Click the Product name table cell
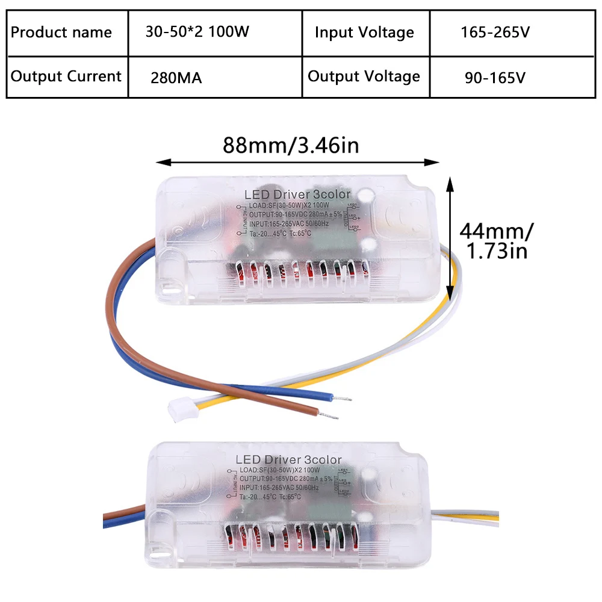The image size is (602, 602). tap(61, 33)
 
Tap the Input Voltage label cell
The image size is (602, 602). tap(364, 33)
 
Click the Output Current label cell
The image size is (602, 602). tap(66, 76)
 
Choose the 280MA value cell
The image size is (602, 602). tap(176, 78)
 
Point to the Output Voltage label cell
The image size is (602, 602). tap(364, 76)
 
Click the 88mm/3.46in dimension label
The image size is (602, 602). tap(291, 146)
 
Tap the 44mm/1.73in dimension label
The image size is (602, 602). tap(496, 240)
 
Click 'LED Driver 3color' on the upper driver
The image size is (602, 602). tap(297, 194)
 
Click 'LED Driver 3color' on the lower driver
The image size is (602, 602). tap(288, 460)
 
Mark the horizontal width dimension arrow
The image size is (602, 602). tap(297, 162)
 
